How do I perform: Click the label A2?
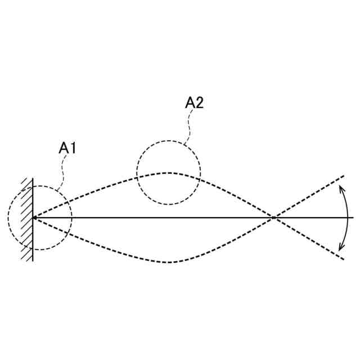point(194,103)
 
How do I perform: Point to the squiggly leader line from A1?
point(63,169)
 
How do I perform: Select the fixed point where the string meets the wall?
point(33,217)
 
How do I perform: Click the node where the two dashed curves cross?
point(274,217)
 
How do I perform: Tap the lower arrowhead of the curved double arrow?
point(340,248)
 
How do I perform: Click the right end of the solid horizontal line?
point(353,217)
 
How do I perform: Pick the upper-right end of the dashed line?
point(343,176)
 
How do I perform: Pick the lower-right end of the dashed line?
point(343,259)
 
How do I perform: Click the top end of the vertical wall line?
point(33,178)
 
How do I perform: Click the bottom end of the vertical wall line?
point(33,261)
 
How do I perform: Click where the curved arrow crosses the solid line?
point(348,217)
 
